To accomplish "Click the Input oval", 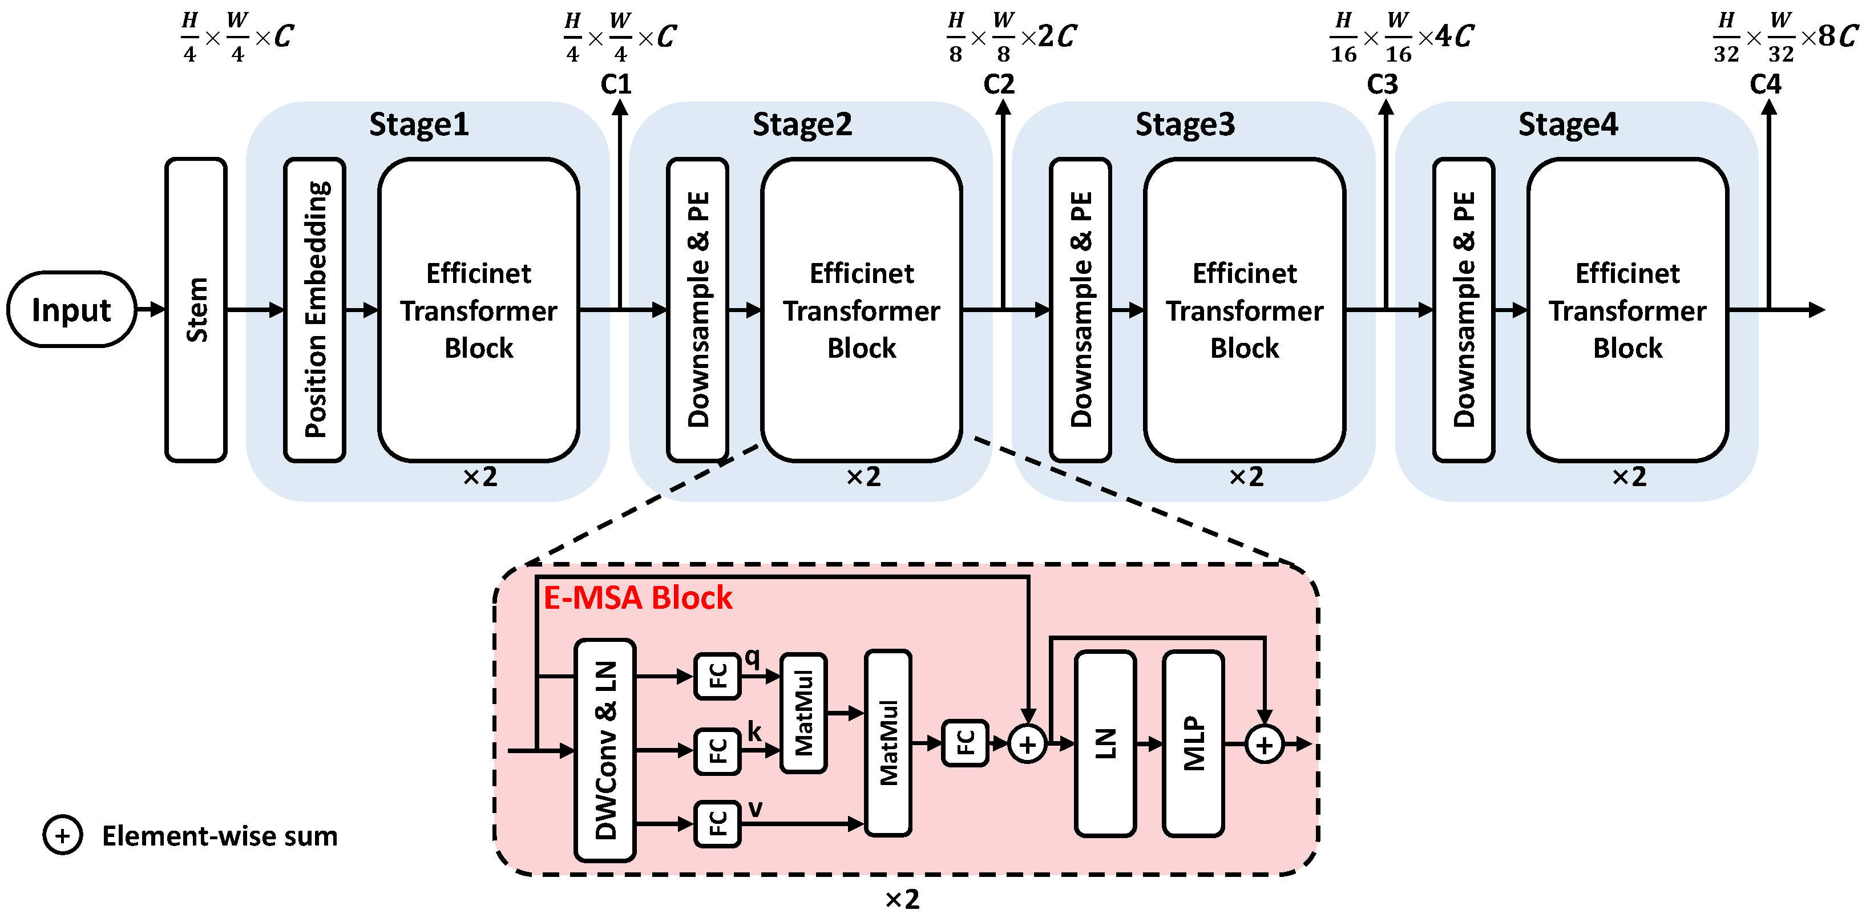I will click(71, 310).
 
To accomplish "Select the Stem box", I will click(196, 310).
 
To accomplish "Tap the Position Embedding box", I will click(314, 310).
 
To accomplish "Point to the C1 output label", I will click(616, 84).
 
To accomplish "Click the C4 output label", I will click(1766, 84).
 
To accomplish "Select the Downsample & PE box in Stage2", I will click(697, 310).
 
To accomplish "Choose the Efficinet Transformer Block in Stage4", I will click(1627, 310).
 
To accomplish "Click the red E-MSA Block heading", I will click(637, 598).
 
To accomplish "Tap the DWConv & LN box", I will click(605, 750).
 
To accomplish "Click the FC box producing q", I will click(717, 676).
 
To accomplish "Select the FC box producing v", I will click(717, 824).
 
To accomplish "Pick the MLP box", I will click(1193, 743).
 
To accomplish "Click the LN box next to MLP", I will click(1105, 743).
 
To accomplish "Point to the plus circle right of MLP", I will click(1264, 744).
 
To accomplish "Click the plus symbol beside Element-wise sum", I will click(62, 835).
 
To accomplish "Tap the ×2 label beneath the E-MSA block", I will click(902, 899).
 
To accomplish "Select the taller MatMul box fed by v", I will click(888, 743).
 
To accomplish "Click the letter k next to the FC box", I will click(754, 731).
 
